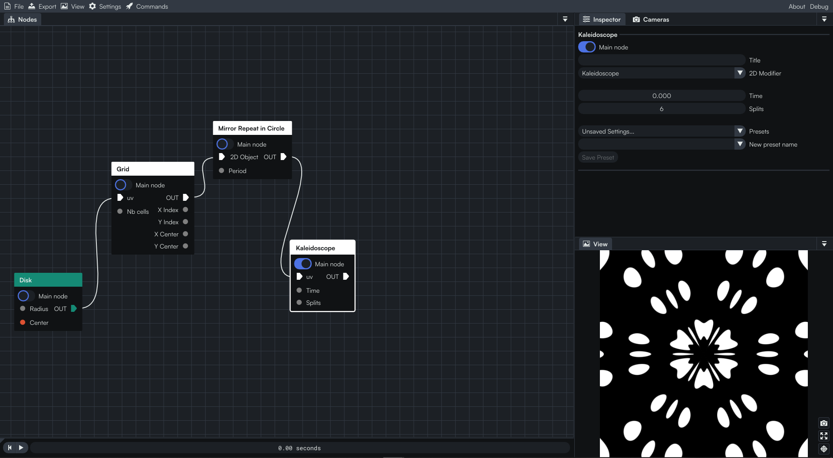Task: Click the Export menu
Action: [x=42, y=7]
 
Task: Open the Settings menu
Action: [x=105, y=7]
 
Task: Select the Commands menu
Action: [x=147, y=7]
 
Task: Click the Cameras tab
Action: [x=651, y=20]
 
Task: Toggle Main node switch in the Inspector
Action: [x=587, y=47]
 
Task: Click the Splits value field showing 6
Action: [x=662, y=109]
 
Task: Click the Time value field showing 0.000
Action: [x=662, y=96]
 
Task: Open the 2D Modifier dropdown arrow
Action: [x=740, y=73]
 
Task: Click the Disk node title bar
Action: [x=48, y=280]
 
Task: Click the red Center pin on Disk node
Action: [x=23, y=322]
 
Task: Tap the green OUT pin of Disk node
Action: [x=74, y=308]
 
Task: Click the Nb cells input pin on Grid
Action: [x=120, y=211]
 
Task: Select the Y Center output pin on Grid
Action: [x=185, y=246]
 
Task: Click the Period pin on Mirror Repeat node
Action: [x=221, y=170]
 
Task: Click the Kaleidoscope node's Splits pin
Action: [x=299, y=302]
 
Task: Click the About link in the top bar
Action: [x=797, y=7]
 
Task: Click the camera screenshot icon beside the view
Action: [x=823, y=423]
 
